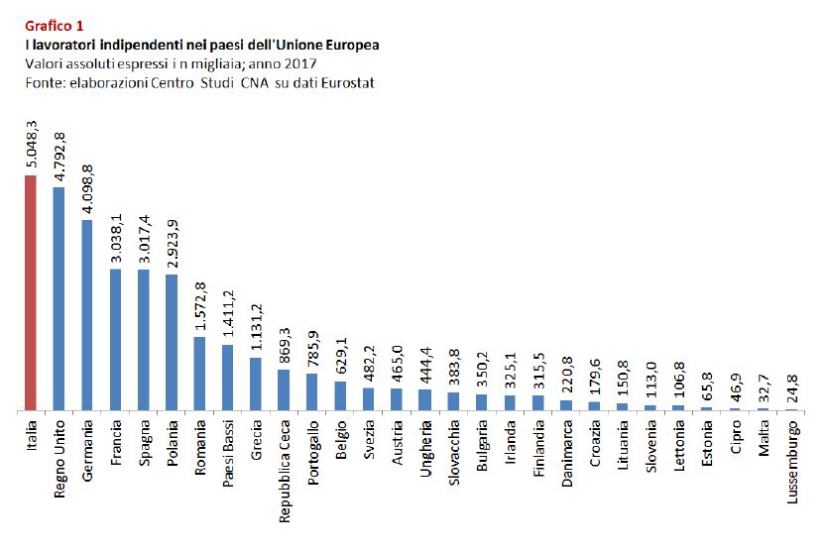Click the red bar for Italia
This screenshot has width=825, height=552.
click(30, 293)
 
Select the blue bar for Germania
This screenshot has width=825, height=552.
click(86, 315)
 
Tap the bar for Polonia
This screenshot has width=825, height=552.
click(171, 342)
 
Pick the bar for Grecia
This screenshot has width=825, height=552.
click(255, 384)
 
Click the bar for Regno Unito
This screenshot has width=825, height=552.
click(59, 298)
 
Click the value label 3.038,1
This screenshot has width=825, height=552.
click(116, 239)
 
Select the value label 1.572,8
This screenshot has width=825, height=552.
click(200, 307)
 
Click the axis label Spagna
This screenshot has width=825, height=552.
click(144, 443)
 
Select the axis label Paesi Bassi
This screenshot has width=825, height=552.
click(228, 451)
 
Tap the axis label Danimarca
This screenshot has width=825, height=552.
click(566, 452)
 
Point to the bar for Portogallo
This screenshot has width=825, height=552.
click(311, 391)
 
